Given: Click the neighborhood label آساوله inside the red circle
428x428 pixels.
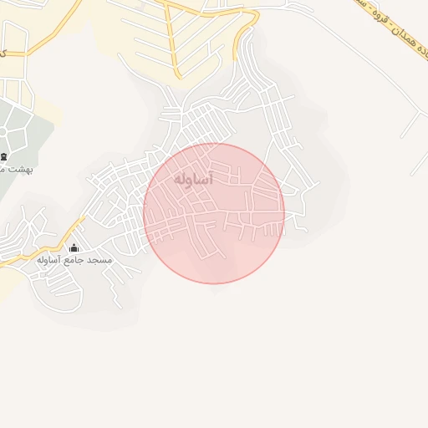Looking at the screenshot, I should (194, 180).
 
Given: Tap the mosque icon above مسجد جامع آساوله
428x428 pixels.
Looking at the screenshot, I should (74, 247).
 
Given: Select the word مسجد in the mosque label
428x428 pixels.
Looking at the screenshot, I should (101, 261).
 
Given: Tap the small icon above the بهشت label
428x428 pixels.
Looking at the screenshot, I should (3, 156).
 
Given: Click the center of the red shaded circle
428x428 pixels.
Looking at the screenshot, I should (214, 213).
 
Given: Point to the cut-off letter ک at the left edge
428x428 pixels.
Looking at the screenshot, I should (3, 53).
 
